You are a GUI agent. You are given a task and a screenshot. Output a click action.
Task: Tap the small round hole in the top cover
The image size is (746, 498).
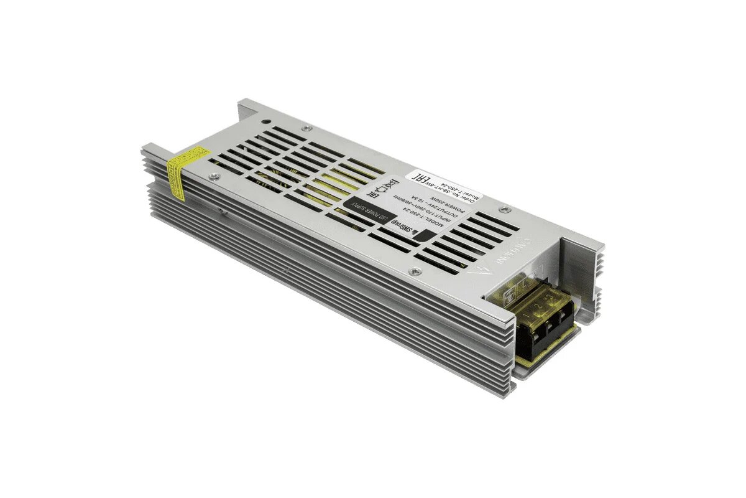tap(265, 122)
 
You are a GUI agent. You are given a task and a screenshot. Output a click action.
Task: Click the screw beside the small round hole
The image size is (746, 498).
tap(306, 129)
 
